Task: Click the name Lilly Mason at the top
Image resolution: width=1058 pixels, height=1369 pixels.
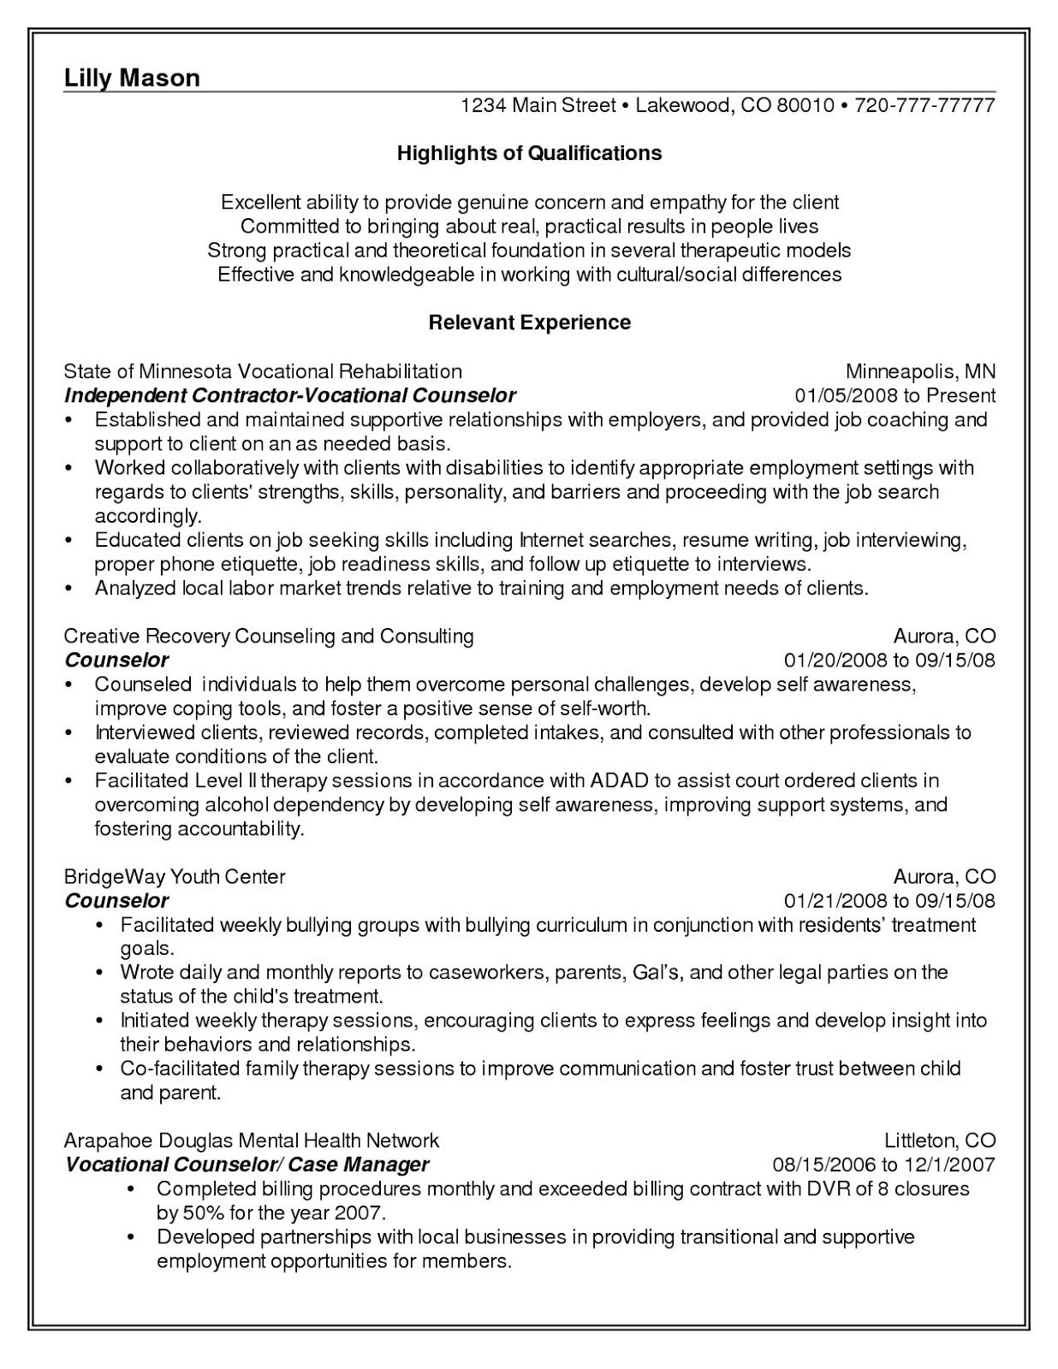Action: click(132, 78)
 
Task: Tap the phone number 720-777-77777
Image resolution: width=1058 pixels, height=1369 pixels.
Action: click(924, 106)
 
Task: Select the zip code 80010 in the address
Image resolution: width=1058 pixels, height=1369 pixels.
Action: click(805, 106)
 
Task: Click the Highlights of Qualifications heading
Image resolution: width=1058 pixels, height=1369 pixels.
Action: click(529, 153)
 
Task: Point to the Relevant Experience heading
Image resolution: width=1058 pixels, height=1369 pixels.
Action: click(529, 323)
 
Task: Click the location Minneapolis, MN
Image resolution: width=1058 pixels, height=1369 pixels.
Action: click(920, 371)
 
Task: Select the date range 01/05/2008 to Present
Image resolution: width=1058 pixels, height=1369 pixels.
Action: click(895, 395)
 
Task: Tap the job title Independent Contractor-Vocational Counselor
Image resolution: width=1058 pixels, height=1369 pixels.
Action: click(290, 395)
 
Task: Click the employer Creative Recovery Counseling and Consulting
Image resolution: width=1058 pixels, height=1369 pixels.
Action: click(269, 636)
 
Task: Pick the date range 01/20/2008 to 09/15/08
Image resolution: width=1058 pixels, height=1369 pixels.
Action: click(889, 661)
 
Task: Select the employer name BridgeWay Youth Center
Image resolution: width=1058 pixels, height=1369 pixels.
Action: click(175, 876)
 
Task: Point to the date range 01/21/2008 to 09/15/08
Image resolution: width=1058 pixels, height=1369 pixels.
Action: click(889, 901)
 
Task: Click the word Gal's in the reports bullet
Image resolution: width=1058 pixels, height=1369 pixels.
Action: click(657, 972)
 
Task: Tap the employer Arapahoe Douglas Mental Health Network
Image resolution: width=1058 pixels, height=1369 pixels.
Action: click(252, 1140)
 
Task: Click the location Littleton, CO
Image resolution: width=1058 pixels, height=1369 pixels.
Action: click(940, 1140)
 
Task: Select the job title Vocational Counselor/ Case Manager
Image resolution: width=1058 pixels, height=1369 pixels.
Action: click(247, 1165)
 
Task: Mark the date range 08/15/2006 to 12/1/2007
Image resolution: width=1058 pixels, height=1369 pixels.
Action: click(883, 1165)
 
